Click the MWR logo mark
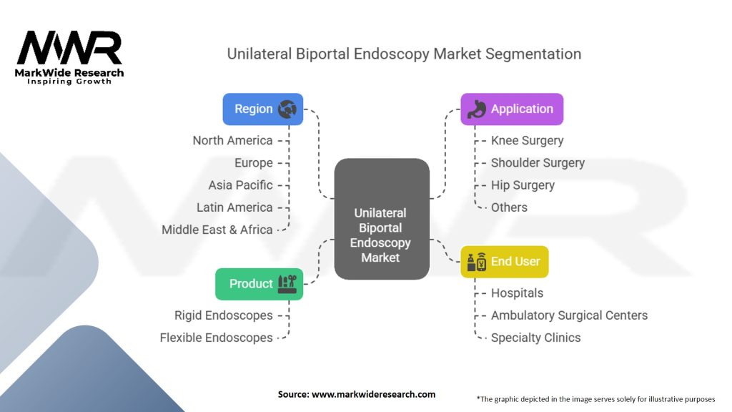[x=69, y=49]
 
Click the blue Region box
[x=262, y=109]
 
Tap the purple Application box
[x=512, y=109]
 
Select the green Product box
[x=259, y=284]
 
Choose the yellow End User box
[x=504, y=262]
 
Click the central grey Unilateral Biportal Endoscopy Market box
[x=381, y=219]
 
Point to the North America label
[x=232, y=140]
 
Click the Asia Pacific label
[x=240, y=185]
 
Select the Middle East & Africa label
[x=217, y=230]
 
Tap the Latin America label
[x=234, y=207]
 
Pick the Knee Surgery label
[x=527, y=140]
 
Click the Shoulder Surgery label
[x=538, y=162]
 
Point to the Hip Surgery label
[x=523, y=185]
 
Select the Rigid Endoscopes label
[x=224, y=315]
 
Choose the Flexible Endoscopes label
[x=217, y=338]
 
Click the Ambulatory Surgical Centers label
[x=569, y=315]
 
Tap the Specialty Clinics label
[x=535, y=338]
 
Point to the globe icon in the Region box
[x=288, y=109]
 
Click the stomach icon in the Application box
[x=478, y=109]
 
